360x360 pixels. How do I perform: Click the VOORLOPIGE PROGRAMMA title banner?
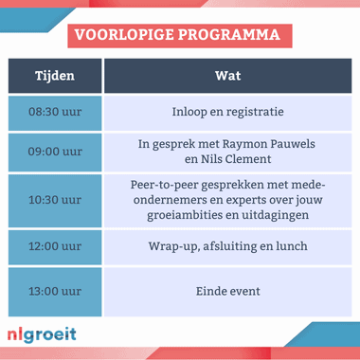click(x=179, y=35)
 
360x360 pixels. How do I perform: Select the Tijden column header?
click(x=54, y=76)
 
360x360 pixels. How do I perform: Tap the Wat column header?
click(x=226, y=76)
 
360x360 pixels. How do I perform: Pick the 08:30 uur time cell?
click(x=54, y=111)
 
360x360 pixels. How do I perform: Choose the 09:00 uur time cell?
click(x=54, y=152)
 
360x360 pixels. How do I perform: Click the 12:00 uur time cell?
click(x=54, y=246)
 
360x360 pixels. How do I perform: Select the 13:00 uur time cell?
click(x=54, y=292)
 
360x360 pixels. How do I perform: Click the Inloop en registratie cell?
click(x=226, y=111)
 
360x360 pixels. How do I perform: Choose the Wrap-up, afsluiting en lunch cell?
click(x=226, y=246)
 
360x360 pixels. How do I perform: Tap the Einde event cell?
click(x=226, y=292)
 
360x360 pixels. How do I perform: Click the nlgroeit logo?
click(x=41, y=334)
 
